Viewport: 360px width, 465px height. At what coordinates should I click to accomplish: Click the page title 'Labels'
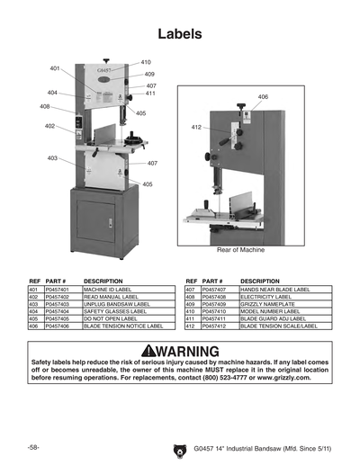(x=179, y=33)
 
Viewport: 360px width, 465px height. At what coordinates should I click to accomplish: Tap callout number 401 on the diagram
(x=54, y=68)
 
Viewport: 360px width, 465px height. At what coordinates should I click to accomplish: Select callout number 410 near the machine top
(x=146, y=62)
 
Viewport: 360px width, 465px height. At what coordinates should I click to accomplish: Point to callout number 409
(x=149, y=74)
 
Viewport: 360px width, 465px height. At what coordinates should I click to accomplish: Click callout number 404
(x=52, y=93)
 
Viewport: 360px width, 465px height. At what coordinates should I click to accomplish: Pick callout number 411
(x=150, y=94)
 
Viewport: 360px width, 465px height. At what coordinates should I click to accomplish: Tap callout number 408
(x=45, y=106)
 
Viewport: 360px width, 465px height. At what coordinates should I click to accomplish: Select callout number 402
(x=49, y=126)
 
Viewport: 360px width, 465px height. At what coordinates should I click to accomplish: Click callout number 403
(x=53, y=157)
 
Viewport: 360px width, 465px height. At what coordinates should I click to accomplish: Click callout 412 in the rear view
(x=195, y=128)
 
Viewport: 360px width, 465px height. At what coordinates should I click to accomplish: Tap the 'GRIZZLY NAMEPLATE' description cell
(x=268, y=304)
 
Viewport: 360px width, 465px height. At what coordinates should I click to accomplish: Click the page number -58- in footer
(x=33, y=447)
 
